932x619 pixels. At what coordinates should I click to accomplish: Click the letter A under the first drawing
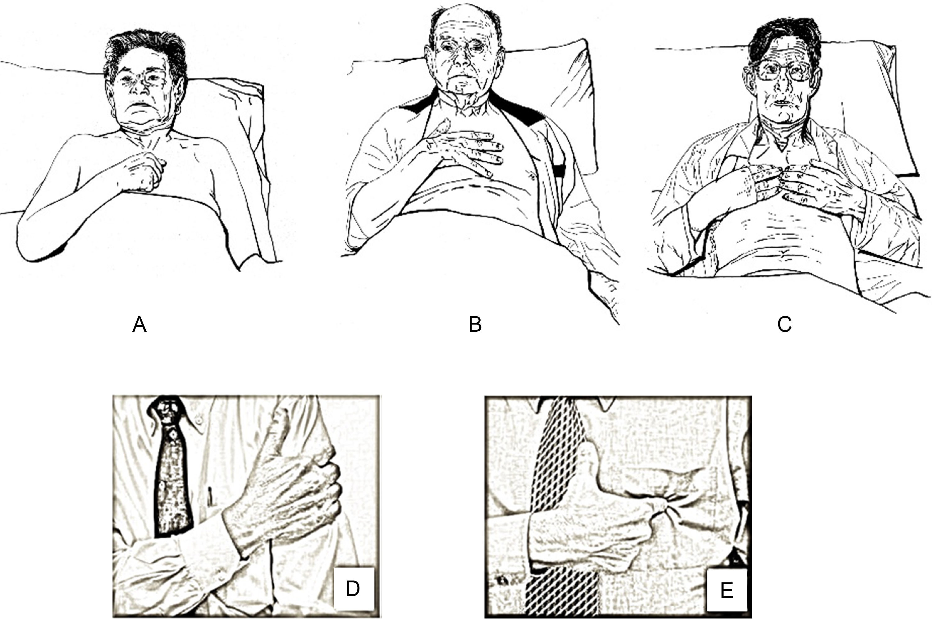pyautogui.click(x=139, y=325)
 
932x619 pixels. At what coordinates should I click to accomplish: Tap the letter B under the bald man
pyautogui.click(x=475, y=325)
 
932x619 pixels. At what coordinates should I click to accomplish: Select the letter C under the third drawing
pyautogui.click(x=784, y=325)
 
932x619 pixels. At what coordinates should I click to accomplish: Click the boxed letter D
pyautogui.click(x=353, y=589)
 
